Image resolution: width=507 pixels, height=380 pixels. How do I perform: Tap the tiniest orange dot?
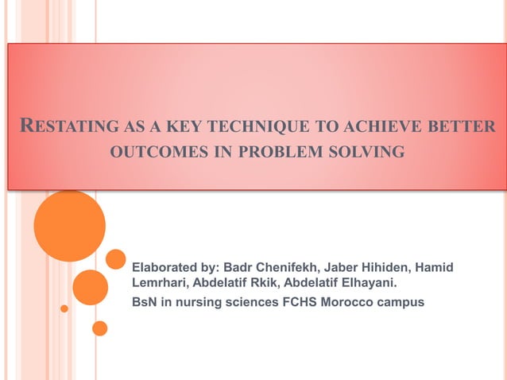click(x=64, y=308)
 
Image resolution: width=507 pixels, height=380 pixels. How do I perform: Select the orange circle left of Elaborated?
click(x=116, y=259)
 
